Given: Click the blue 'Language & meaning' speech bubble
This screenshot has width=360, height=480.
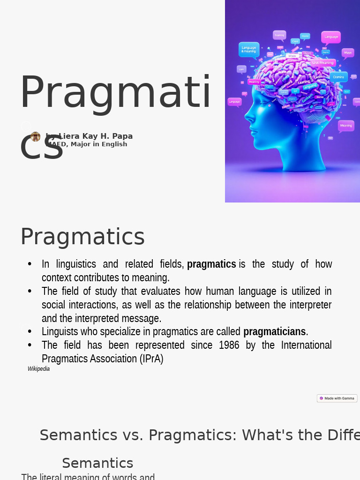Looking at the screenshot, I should point(248,49).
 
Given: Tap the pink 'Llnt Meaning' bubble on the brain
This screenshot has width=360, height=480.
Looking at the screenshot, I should point(322,62).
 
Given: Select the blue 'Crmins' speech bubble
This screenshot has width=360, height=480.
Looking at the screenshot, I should point(338,76).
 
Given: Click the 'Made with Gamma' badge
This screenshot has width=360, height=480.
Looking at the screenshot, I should point(337,398).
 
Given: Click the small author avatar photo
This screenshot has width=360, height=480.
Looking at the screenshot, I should point(35,136).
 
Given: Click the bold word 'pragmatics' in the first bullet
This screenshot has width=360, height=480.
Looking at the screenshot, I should point(211,264).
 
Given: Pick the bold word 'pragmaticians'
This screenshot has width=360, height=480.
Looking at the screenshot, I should point(274,332).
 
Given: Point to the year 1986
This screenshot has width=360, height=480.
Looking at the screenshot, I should point(229,345).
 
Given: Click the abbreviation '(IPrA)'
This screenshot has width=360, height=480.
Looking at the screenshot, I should point(151,359).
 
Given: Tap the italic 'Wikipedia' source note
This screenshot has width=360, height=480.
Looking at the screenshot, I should point(38,369).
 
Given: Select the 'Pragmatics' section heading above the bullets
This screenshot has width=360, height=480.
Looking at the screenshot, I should point(82,237).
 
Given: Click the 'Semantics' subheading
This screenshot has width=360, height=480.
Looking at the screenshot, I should point(97,463).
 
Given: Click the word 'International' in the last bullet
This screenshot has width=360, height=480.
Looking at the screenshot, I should point(306,345).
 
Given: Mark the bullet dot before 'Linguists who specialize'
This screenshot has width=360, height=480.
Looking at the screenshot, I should point(30,332).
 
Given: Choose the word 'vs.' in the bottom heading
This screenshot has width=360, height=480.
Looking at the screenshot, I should point(133,435).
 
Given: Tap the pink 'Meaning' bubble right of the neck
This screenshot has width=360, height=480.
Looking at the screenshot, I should point(346,126).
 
